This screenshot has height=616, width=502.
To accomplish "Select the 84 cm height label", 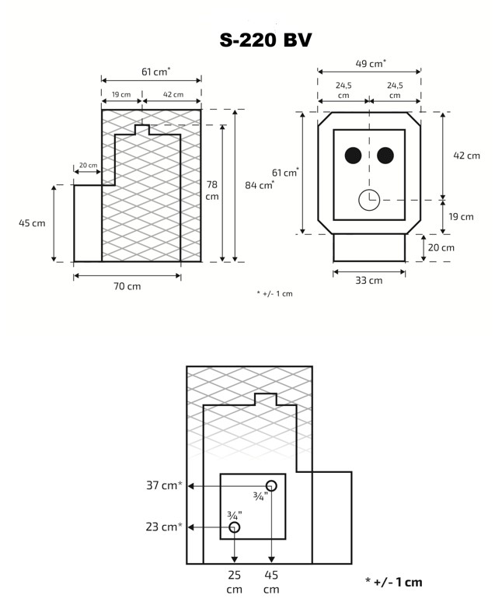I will [260, 185].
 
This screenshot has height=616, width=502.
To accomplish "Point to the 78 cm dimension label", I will [212, 190].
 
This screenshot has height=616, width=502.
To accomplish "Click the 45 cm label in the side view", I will [32, 223].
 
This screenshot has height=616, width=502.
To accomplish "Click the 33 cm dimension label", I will [369, 280].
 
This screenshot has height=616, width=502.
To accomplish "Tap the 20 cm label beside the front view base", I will [441, 247].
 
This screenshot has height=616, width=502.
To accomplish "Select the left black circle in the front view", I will [353, 156].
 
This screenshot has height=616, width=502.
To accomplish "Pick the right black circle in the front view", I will [385, 156].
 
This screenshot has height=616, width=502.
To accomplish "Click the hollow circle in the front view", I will [368, 200].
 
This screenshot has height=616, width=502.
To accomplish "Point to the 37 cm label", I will [164, 485].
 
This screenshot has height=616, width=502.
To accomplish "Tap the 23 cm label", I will [164, 527].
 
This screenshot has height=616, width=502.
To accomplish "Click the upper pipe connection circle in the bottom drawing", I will [271, 485].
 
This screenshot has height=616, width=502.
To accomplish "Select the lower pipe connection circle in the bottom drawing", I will [235, 527].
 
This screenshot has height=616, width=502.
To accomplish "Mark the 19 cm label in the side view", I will [120, 95].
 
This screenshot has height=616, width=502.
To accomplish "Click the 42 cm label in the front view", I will [466, 156].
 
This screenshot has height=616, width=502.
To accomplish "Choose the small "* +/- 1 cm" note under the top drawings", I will [274, 293].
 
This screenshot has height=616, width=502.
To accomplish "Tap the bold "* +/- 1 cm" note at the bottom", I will [393, 582].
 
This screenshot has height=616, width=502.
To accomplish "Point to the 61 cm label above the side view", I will [155, 72].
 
